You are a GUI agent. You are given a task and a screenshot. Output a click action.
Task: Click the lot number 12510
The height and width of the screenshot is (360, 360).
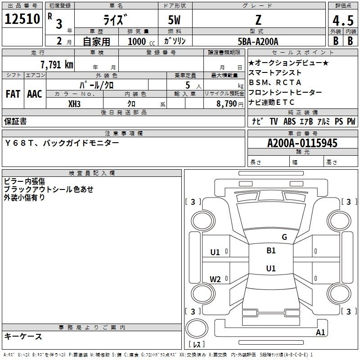tap(22, 19)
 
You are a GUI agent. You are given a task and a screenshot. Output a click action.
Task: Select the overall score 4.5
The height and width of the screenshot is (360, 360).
tap(343, 20)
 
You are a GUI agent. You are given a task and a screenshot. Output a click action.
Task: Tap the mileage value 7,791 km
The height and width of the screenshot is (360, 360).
tap(57, 65)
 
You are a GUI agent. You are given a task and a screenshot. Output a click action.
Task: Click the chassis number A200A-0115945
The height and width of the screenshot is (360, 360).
tap(302, 143)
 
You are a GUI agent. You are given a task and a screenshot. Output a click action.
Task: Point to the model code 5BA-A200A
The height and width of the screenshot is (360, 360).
tap(258, 41)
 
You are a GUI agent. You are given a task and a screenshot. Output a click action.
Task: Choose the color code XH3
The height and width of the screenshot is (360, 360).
tap(74, 104)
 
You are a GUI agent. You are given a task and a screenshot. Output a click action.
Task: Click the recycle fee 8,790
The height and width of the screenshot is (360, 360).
tap(226, 104)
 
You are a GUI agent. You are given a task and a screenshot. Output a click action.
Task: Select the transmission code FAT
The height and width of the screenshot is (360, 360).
tap(13, 94)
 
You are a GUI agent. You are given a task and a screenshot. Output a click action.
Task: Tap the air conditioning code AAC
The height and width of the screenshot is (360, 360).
tap(35, 94)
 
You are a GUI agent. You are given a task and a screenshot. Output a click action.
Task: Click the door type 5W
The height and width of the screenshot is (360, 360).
tap(174, 20)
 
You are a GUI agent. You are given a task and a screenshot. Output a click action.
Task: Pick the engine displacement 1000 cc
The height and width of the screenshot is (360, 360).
tap(141, 41)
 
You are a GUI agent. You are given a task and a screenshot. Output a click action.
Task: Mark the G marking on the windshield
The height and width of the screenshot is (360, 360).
tap(284, 237)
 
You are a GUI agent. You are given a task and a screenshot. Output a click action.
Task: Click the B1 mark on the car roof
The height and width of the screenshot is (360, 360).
tap(271, 251)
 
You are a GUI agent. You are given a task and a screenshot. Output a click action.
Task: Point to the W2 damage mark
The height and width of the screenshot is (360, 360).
tap(215, 279)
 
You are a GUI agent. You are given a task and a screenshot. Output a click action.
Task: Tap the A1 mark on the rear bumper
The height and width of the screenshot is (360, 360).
tap(320, 332)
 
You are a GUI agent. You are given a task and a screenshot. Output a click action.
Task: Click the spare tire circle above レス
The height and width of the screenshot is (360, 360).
tap(197, 328)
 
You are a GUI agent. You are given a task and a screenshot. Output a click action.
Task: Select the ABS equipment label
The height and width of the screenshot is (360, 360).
tap(289, 121)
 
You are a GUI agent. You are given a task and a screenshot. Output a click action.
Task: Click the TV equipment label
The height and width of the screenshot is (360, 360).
tap(274, 121)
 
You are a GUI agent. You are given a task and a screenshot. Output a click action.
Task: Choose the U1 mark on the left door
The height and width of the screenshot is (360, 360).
tap(215, 252)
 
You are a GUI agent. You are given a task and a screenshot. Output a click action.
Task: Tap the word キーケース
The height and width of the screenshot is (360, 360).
tap(23, 336)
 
